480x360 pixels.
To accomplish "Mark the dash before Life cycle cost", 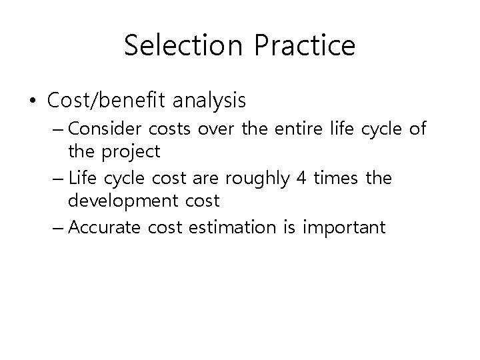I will click(x=57, y=178).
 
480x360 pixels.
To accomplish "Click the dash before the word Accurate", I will click(x=57, y=227).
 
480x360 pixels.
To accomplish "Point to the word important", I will click(x=343, y=227).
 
